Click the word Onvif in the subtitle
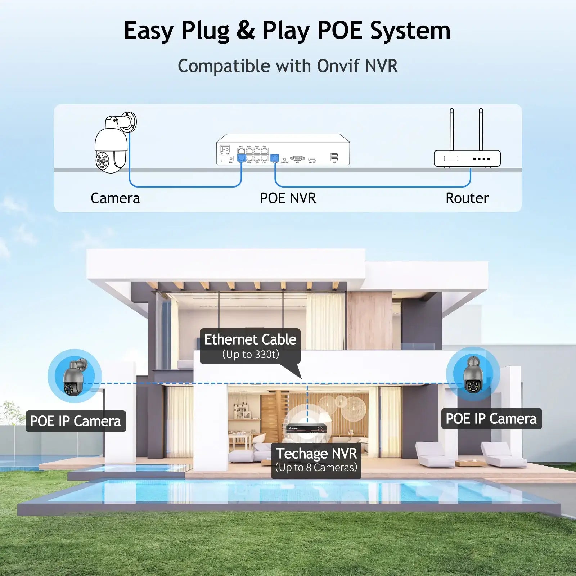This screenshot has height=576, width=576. (x=338, y=66)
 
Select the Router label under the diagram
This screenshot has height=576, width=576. (x=467, y=198)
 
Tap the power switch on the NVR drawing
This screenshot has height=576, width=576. (x=225, y=149)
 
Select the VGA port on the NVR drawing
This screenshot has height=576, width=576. (x=297, y=158)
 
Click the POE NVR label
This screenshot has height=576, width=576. (x=288, y=198)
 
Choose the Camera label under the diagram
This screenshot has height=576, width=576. (x=115, y=198)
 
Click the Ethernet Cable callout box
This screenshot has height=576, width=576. (x=250, y=346)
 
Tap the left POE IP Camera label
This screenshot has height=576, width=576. (x=76, y=421)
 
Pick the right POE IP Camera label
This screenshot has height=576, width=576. (x=491, y=419)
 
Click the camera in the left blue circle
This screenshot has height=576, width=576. (x=74, y=376)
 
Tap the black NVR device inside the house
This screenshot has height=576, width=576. (x=306, y=428)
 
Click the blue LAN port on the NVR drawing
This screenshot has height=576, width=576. (x=275, y=158)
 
